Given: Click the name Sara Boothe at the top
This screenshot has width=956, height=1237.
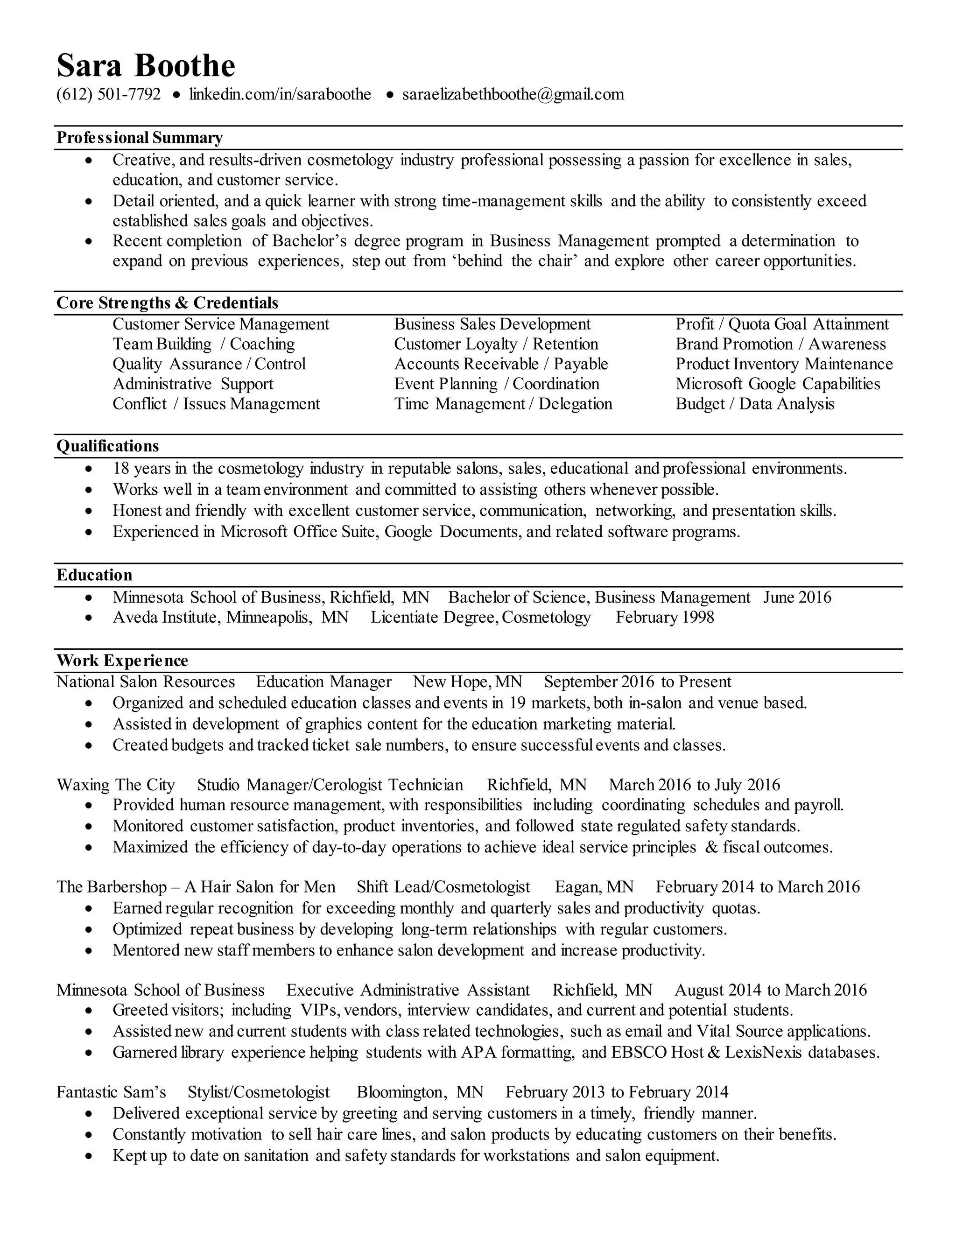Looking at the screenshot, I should point(146,66).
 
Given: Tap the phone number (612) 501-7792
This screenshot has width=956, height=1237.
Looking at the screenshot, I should point(108,94).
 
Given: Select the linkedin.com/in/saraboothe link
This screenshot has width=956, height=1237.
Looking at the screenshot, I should point(280,94).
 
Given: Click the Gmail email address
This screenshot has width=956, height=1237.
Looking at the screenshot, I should point(513,94).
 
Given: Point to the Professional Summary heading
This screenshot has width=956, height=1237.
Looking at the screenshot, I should point(139,138).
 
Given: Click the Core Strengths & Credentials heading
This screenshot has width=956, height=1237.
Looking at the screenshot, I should point(167,303).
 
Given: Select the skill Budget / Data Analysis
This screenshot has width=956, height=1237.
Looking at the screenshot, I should point(754,404).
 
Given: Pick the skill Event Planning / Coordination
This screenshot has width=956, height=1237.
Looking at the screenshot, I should point(496,384).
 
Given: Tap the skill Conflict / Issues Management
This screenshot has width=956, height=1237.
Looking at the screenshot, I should point(216,404).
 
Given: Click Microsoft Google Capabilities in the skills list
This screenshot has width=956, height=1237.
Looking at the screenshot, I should point(778,384).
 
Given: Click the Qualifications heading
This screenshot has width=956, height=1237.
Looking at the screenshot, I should point(108,446).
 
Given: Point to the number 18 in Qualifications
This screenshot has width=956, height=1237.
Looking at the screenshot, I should point(121,468).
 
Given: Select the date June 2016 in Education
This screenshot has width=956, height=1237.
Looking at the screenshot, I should point(797,597).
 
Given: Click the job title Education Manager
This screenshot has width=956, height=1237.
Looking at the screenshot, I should point(323,682).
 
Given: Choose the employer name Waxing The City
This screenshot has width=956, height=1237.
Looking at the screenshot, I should point(116,785).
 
